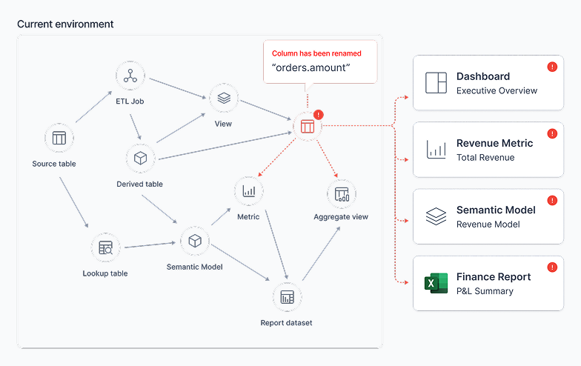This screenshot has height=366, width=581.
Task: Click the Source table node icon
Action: pos(59,138)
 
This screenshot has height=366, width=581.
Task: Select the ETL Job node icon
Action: pos(130,76)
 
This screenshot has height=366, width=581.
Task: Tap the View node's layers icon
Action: pos(224,98)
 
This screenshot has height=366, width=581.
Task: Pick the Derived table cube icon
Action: pos(141,159)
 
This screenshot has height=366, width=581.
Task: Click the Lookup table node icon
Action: pos(105,247)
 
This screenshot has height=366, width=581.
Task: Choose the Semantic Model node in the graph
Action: pos(195,242)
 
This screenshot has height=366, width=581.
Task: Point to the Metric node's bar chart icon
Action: pos(249,191)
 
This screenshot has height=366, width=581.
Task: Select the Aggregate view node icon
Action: pos(342,194)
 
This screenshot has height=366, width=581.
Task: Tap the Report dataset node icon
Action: pos(288,297)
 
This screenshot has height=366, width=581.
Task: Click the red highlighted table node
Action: pos(308,126)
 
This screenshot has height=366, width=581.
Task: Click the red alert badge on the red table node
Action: pos(319,115)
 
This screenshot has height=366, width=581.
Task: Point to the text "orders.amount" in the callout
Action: pos(311,68)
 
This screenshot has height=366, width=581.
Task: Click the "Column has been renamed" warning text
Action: pos(316,53)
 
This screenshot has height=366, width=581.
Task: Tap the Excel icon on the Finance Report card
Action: pos(436,283)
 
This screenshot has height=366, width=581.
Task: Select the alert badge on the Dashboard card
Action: pos(552,67)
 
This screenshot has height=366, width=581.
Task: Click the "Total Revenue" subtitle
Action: pos(485,157)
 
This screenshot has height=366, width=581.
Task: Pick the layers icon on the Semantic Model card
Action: pos(436,216)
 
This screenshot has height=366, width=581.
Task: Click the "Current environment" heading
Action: pos(65,24)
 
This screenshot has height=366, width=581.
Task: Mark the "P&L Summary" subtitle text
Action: pos(485,291)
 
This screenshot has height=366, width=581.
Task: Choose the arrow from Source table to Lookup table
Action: pos(74,202)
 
